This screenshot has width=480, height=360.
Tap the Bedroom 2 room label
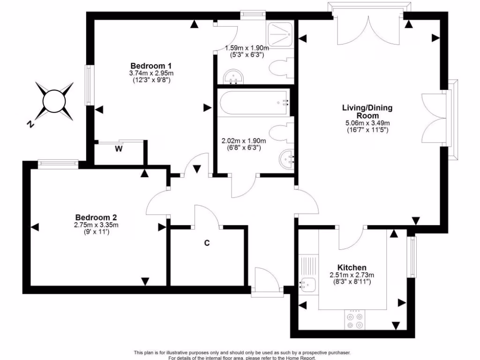coord(96,217)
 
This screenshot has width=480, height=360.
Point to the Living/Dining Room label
coord(367,112)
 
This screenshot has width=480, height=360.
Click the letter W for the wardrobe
coord(119,150)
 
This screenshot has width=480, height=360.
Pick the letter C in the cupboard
coord(206,243)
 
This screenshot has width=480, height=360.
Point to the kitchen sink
coord(308,283)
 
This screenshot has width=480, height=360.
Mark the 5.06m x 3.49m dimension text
coord(367,123)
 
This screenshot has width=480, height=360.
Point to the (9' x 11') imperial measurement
coord(96,232)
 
